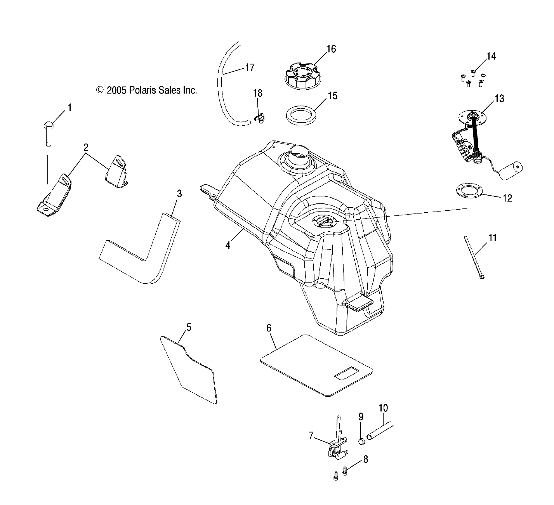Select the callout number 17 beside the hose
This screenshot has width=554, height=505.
(x=250, y=67)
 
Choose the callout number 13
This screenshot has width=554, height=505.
(x=499, y=99)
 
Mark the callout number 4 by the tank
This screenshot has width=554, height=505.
(x=228, y=245)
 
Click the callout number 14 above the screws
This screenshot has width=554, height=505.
(x=491, y=56)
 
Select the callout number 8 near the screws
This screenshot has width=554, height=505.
(x=365, y=459)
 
